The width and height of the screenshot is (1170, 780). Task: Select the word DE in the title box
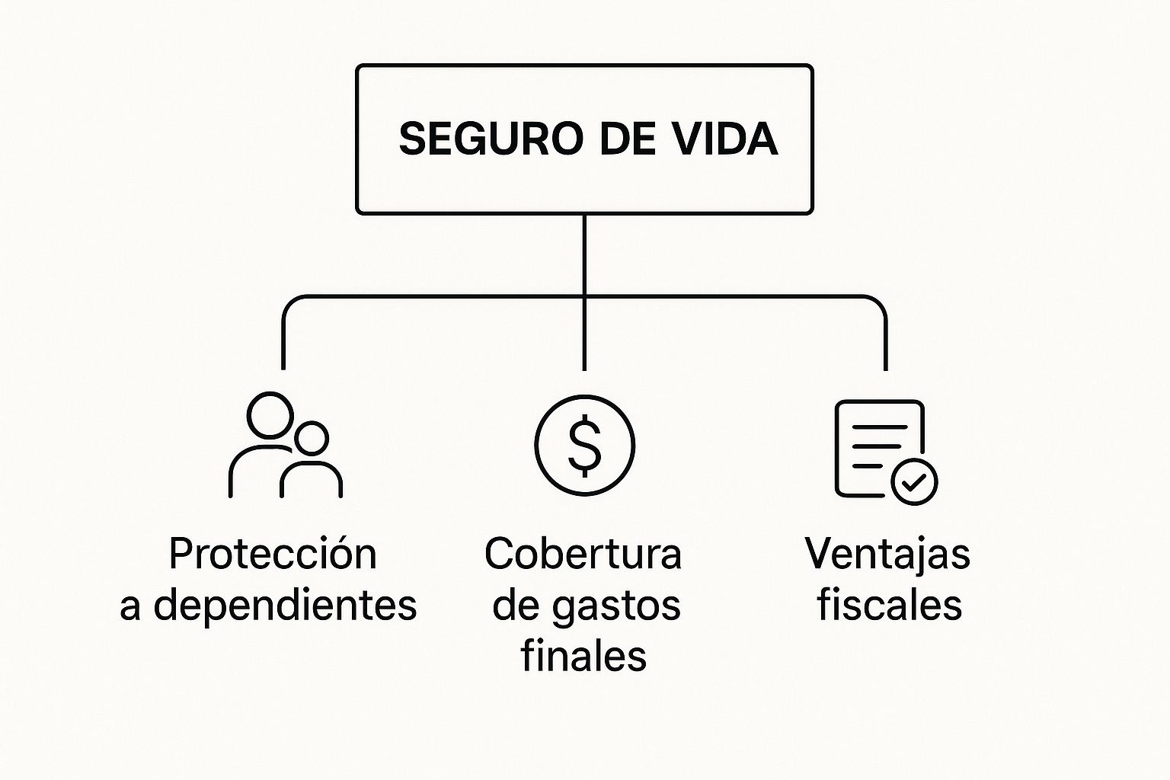(628, 139)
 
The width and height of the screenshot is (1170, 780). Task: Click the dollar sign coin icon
(584, 445)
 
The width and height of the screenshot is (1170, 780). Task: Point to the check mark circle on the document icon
(914, 481)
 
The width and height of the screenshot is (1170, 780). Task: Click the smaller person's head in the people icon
(312, 438)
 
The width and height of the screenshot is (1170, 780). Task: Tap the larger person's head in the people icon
(270, 415)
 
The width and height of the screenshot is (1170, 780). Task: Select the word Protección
(273, 554)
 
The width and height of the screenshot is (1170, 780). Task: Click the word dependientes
(286, 606)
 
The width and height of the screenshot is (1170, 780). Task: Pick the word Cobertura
(583, 554)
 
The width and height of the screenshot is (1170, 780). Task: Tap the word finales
(583, 656)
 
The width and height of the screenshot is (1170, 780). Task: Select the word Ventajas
(887, 554)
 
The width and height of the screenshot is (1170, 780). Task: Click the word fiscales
(889, 606)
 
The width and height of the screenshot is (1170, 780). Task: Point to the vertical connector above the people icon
(283, 343)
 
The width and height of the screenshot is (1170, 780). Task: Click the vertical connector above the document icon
(886, 343)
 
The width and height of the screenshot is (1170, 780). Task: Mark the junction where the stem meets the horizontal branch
(584, 296)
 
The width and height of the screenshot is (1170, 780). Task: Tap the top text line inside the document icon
(879, 427)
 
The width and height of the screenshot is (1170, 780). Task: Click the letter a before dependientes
(130, 607)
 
